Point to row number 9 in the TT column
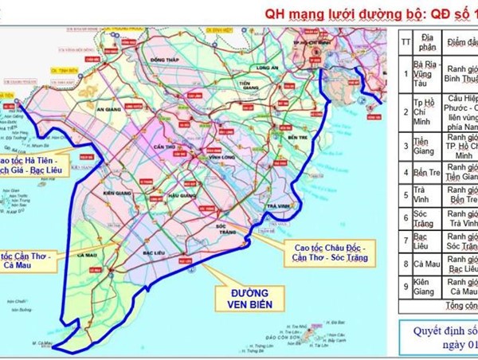406,289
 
